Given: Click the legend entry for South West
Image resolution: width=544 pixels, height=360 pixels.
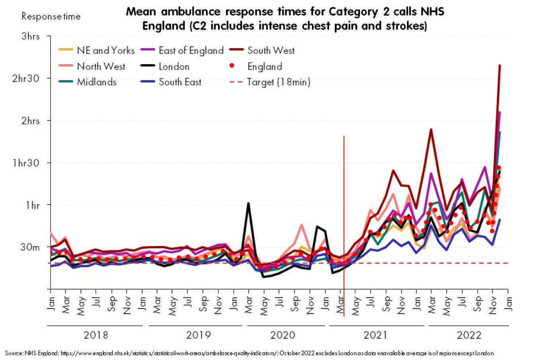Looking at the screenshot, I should pos(271,50).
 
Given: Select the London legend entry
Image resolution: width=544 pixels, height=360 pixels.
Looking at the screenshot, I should pos(174,66).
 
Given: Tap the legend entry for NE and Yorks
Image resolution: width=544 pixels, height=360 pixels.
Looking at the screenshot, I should pos(105,50).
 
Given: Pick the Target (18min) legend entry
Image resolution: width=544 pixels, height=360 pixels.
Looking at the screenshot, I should pos(278,82).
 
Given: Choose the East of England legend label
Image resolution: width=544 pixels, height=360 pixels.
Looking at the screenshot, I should pos(191,50).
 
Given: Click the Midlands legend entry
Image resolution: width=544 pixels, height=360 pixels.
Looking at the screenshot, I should pos(97,82).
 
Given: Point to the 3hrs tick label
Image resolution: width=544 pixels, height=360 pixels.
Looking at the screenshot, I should pos(31,36).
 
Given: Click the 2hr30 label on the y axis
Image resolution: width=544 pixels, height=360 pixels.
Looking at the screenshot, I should pos(26,78).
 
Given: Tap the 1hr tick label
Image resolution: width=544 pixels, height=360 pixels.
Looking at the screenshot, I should pos(33,205).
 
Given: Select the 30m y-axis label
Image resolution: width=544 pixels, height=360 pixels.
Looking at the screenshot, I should pos(31,247).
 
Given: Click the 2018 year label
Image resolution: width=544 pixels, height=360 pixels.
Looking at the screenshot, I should pos(96,335).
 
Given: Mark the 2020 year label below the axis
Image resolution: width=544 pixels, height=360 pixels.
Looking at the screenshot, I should pos(283,335).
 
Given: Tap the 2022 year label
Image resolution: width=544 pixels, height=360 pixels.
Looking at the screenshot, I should pos(469,335).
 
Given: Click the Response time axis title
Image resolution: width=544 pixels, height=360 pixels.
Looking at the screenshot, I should pos(51,17).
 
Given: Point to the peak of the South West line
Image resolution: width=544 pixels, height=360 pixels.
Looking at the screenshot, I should pos(499,66).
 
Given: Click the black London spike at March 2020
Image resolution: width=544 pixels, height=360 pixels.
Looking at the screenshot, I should pos(249,203).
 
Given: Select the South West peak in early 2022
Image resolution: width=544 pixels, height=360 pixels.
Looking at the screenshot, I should pos(431,129).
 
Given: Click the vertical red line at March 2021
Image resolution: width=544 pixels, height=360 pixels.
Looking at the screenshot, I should pos(344,223).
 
